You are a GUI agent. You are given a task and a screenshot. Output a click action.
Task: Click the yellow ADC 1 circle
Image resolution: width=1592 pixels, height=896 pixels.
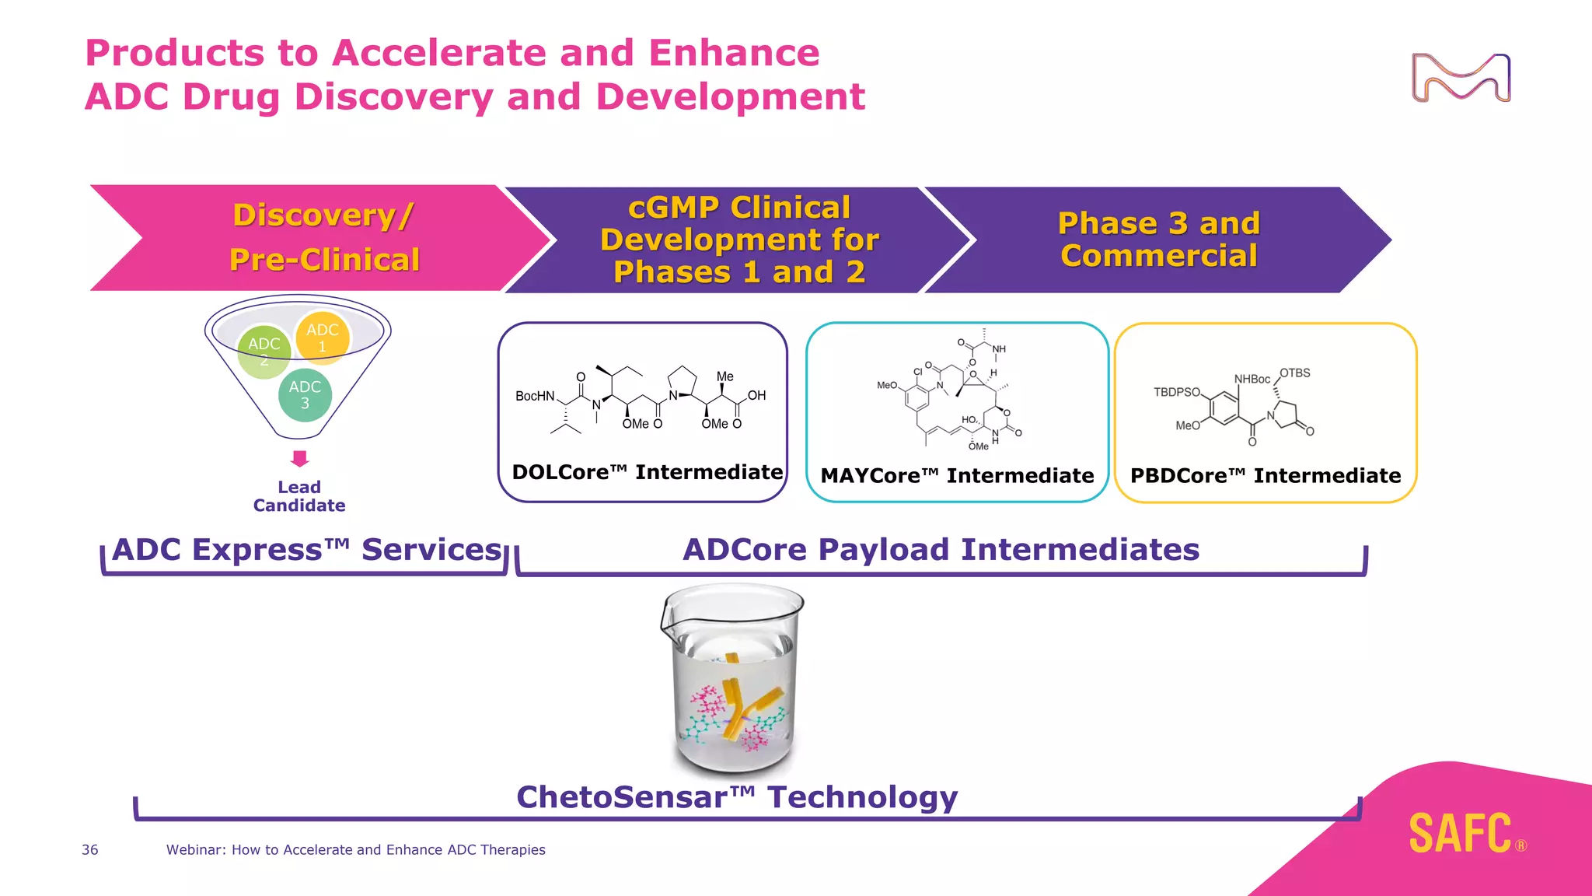(x=323, y=338)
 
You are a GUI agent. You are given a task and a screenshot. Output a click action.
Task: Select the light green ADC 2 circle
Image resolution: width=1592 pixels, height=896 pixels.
(x=264, y=352)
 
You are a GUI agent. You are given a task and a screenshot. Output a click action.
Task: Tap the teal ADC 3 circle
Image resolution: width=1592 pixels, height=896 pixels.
(x=305, y=395)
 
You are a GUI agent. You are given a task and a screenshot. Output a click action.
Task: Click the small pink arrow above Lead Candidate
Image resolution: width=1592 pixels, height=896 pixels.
(x=300, y=458)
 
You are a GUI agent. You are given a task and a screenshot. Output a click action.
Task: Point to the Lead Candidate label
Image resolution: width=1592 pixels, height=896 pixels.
(x=299, y=496)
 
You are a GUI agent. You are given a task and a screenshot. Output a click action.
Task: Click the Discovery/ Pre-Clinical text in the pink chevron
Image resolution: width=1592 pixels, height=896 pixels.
(x=324, y=237)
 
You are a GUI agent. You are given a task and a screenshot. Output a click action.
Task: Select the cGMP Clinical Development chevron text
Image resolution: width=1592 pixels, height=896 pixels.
(x=738, y=240)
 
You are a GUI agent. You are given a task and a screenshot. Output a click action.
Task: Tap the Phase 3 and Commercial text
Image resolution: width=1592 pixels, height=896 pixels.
(x=1158, y=240)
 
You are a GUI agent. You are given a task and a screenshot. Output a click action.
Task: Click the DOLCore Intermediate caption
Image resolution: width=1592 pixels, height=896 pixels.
(x=647, y=472)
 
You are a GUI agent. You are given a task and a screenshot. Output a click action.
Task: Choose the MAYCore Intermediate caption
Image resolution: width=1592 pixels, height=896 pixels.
(x=957, y=475)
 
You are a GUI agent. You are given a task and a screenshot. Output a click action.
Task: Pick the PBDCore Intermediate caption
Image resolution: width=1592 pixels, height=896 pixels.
(x=1265, y=475)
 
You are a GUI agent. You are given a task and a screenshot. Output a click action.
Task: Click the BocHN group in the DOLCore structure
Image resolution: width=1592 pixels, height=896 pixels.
(x=535, y=396)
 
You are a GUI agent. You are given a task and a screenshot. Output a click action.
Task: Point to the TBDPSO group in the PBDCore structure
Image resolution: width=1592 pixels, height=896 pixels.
(x=1177, y=392)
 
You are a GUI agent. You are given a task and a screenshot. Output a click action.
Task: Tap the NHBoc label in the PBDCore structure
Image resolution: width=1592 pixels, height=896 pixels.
(x=1252, y=379)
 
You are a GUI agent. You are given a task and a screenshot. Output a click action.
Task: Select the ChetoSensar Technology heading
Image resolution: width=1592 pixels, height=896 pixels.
(x=736, y=797)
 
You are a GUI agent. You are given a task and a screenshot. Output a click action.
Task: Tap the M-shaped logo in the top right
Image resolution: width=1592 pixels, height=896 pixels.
(x=1461, y=78)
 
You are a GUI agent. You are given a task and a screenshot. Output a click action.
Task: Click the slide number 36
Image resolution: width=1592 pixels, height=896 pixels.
(x=90, y=850)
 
